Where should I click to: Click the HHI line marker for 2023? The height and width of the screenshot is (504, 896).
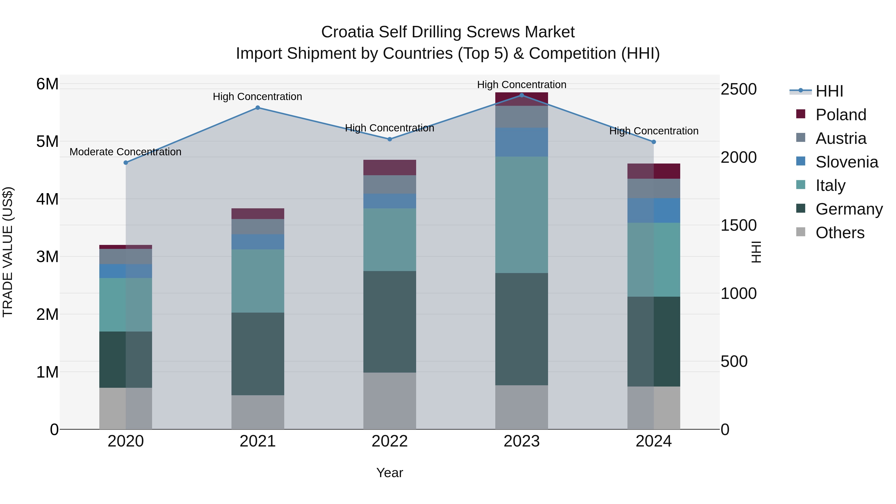521,95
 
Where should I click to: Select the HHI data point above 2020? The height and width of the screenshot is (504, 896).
126,163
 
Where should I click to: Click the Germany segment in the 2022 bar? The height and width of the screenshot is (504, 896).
390,322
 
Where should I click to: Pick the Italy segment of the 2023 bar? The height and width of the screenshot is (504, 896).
521,215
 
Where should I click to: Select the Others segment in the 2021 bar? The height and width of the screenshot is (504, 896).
258,412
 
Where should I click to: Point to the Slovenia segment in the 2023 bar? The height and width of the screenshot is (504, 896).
521,142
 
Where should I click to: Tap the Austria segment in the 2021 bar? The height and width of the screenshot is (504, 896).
258,226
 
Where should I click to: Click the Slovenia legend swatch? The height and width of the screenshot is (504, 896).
800,161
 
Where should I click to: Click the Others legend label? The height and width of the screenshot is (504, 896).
840,233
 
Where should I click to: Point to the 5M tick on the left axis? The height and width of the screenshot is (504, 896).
47,142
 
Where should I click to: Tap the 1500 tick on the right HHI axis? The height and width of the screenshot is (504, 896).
738,225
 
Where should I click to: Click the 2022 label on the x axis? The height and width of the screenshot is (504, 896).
390,441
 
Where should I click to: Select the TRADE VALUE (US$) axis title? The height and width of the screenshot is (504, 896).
8,252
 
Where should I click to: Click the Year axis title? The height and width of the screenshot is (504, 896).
390,473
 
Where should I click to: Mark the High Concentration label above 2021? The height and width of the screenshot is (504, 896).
257,97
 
